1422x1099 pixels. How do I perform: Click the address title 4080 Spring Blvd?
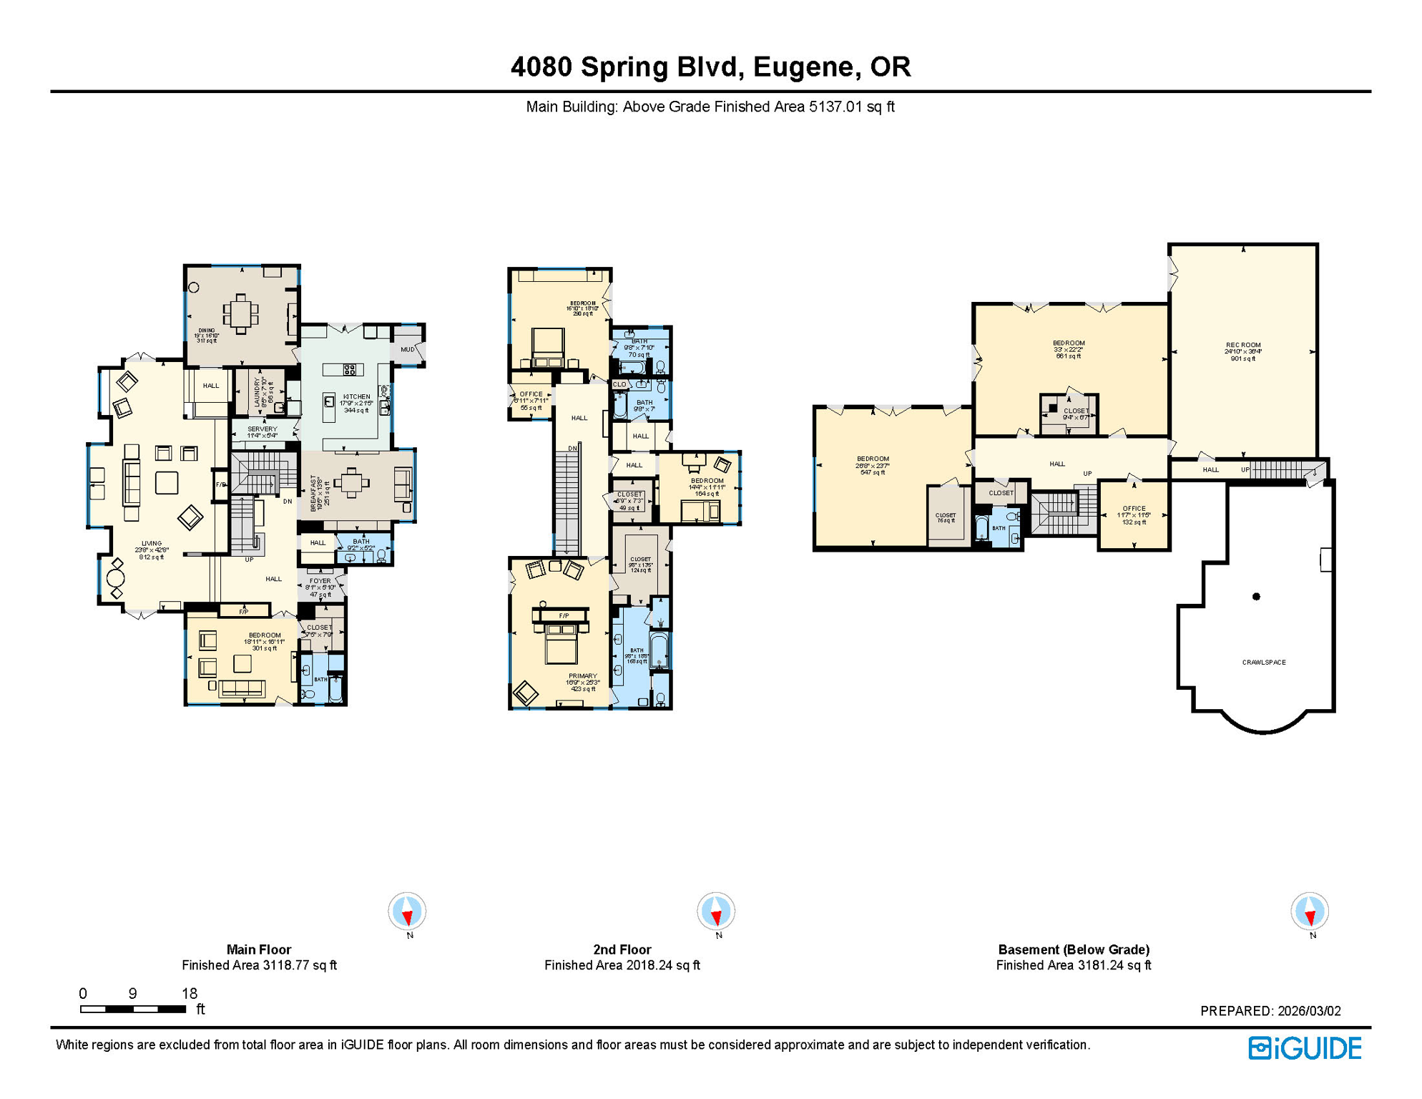tap(710, 67)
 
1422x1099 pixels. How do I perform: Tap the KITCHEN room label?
tap(356, 397)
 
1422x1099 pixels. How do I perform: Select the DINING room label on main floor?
tap(206, 331)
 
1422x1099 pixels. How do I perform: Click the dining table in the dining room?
tap(241, 313)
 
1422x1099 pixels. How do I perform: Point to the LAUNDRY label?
tap(258, 392)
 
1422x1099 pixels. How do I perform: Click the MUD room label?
tap(407, 350)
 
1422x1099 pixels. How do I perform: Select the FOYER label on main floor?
tap(320, 582)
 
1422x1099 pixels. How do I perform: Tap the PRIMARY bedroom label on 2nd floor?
tap(582, 676)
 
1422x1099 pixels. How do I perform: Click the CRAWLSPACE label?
tap(1263, 663)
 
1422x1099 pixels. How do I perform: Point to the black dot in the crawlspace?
tap(1256, 597)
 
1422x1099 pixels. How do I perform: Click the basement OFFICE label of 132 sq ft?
tap(1134, 509)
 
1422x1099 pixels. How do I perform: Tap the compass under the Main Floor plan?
tap(407, 912)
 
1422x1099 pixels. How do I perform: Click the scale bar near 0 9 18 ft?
tap(133, 1010)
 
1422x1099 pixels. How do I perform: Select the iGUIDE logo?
tap(1305, 1048)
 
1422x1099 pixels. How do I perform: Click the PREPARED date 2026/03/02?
tap(1270, 1011)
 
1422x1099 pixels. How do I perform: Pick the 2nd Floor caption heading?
tap(622, 949)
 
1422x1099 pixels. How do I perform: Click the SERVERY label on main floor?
tap(262, 429)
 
